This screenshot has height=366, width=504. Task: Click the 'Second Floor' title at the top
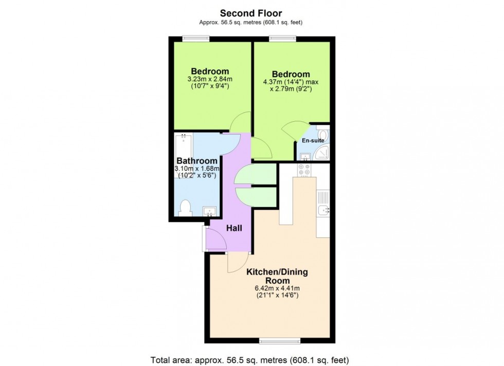point(251,13)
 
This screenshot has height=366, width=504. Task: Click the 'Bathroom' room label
point(197,160)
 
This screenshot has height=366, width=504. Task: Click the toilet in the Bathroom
point(186,207)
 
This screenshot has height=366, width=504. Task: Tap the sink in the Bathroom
point(209,210)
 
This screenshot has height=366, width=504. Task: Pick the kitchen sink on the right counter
point(323,209)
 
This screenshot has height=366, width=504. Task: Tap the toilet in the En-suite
point(323,135)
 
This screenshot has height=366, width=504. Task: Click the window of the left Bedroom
point(196,38)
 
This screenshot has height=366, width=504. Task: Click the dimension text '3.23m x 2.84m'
point(210,79)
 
